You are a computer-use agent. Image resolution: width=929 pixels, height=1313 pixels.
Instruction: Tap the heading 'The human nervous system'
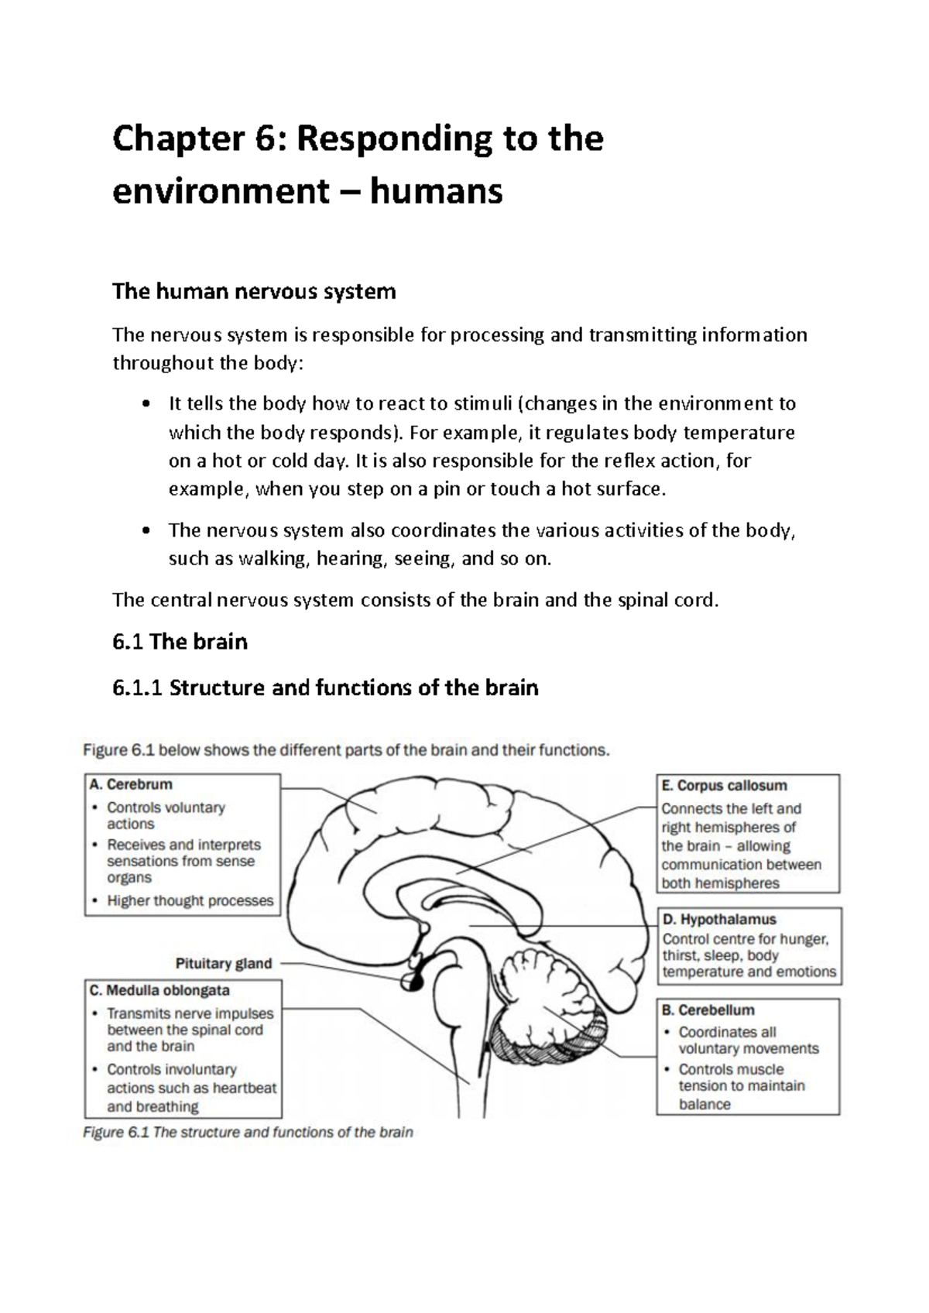[254, 292]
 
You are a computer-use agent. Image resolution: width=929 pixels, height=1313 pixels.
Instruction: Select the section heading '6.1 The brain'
[180, 642]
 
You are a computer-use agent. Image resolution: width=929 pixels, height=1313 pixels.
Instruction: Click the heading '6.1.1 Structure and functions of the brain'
[325, 687]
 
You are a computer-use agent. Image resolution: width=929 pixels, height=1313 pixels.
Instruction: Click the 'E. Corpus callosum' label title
[724, 786]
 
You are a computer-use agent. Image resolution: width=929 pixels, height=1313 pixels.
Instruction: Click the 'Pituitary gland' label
[224, 964]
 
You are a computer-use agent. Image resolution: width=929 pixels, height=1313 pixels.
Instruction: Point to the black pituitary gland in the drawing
[410, 982]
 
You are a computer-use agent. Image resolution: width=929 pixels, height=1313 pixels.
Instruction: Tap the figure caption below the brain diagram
[248, 1132]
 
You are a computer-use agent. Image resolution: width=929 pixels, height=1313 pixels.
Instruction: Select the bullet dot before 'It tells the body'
[146, 404]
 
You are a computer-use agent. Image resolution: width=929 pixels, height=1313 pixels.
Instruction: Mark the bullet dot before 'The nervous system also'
[146, 531]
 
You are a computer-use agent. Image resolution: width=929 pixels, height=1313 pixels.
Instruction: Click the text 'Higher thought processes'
[190, 900]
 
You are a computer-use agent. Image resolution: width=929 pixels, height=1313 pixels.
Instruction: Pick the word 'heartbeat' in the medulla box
[244, 1088]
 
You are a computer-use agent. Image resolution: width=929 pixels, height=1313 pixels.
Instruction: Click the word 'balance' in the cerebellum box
[704, 1104]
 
